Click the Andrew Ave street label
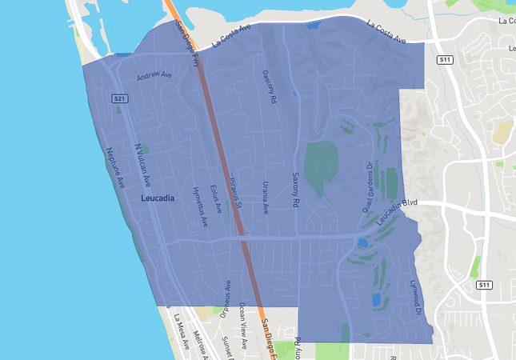pyautogui.click(x=154, y=76)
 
